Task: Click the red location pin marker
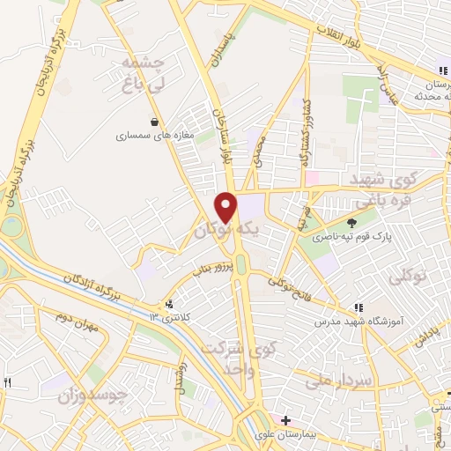click(226, 207)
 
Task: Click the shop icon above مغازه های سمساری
click(155, 122)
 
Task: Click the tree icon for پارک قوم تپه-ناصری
click(353, 223)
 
